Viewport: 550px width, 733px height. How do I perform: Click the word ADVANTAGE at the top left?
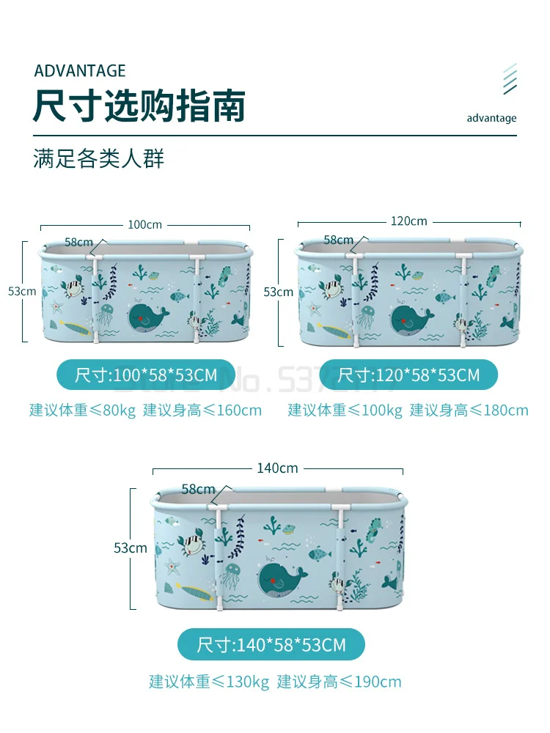(80, 71)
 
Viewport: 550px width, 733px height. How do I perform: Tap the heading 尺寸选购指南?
(139, 106)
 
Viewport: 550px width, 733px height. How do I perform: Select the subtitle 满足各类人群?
(98, 159)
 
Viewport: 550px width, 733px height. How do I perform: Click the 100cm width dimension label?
(144, 225)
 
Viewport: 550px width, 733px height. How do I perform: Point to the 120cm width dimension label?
(408, 221)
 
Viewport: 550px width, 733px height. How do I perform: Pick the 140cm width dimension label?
(277, 468)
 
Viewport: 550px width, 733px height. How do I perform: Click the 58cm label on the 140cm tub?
(198, 489)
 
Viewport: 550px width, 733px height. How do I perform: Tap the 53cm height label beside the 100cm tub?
(22, 291)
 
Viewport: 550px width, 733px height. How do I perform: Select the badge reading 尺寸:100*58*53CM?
(146, 375)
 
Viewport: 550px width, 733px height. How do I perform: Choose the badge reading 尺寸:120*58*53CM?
(408, 375)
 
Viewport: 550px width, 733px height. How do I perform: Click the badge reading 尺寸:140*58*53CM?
(271, 645)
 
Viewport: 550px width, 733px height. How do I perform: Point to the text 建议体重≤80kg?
(82, 410)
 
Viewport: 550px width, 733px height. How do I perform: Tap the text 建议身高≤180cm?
(469, 410)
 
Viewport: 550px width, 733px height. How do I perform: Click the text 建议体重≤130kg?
(209, 682)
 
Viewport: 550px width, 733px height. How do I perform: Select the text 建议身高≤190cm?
(339, 682)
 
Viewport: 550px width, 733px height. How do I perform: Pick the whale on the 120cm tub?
(411, 317)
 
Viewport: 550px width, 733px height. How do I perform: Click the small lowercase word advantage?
(491, 118)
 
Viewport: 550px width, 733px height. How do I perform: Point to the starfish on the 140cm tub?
(172, 566)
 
